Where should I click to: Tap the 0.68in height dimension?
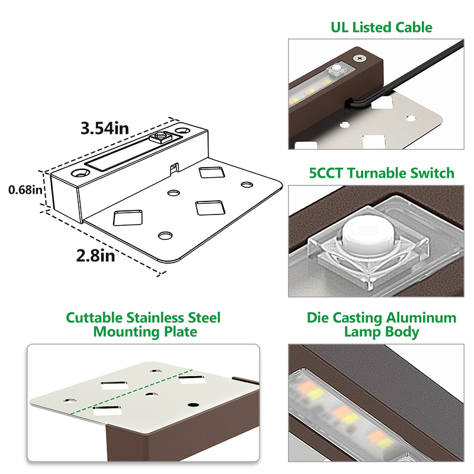(21, 190)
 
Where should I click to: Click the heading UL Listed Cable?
(381, 27)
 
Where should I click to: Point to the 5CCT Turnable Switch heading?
(382, 173)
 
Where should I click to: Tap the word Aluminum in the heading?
(425, 318)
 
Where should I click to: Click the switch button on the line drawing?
(159, 139)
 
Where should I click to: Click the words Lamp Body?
(382, 332)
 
